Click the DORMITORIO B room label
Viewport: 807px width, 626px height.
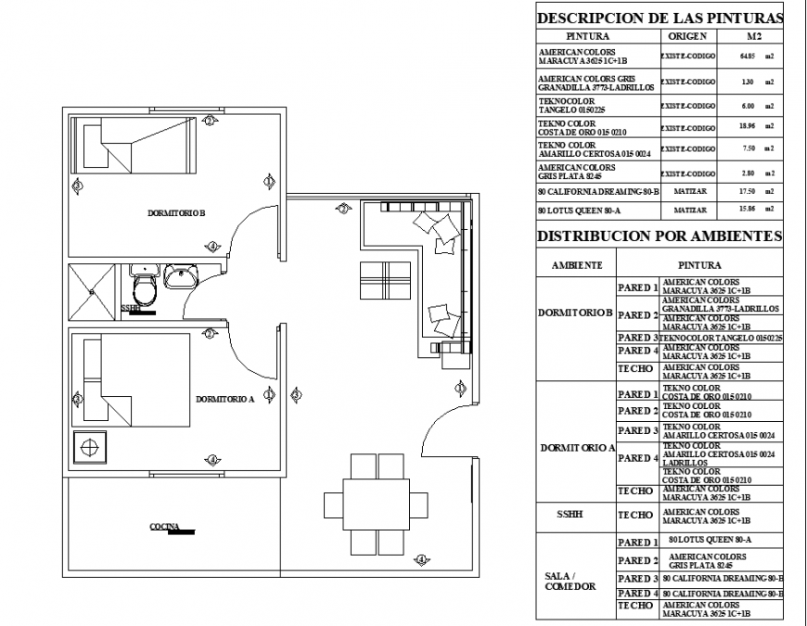click(x=176, y=213)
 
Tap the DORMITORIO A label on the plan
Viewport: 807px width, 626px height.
click(x=224, y=400)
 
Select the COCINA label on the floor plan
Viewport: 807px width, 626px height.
click(x=164, y=527)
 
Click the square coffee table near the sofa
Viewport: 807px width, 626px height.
click(x=385, y=280)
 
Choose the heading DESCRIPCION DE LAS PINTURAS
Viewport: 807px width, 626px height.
click(x=660, y=18)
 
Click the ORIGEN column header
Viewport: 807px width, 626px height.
click(x=687, y=36)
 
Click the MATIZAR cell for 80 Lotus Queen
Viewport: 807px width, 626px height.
click(x=687, y=211)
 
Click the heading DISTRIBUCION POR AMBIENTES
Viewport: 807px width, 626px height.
click(x=660, y=236)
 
